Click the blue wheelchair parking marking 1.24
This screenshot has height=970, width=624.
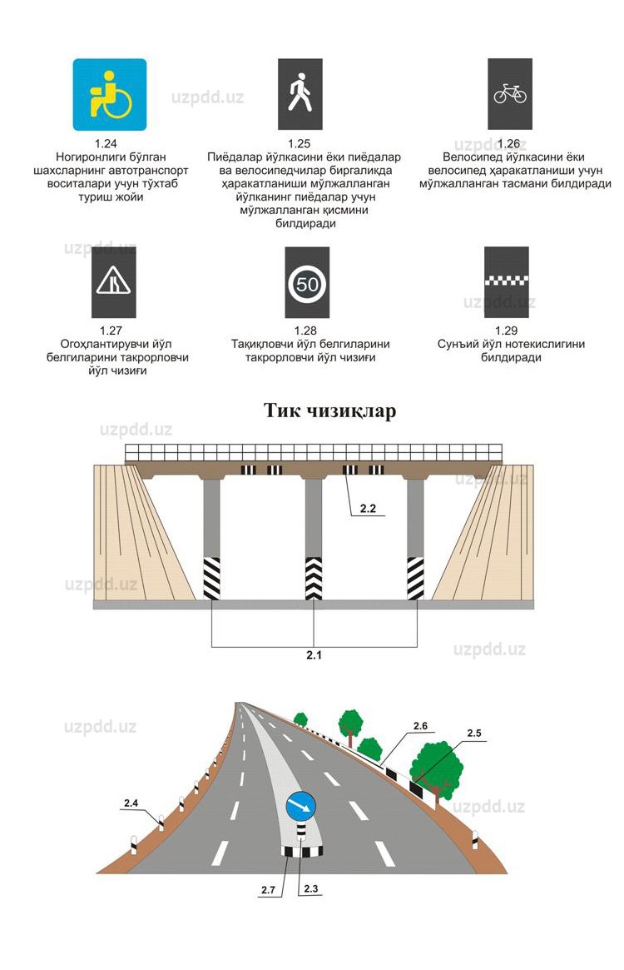[x=110, y=94]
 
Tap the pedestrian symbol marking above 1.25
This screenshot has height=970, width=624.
[x=300, y=93]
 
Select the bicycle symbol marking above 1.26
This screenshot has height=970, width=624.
[x=510, y=93]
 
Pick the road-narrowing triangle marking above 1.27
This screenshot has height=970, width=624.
[x=113, y=281]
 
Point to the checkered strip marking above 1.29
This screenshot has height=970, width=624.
[x=507, y=281]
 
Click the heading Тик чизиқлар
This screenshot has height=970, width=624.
[x=329, y=410]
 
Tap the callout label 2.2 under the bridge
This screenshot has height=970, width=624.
[x=369, y=507]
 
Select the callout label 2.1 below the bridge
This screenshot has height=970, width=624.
[x=314, y=655]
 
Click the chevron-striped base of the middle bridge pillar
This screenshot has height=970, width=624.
[x=314, y=579]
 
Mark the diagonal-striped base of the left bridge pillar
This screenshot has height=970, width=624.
[x=211, y=579]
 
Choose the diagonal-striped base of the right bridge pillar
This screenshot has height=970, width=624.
[x=415, y=579]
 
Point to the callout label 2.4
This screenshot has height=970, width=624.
[x=131, y=803]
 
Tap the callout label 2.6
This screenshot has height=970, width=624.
[x=420, y=726]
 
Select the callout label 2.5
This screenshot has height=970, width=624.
[x=474, y=733]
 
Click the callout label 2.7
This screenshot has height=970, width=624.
[x=268, y=890]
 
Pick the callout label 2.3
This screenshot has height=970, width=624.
[x=311, y=888]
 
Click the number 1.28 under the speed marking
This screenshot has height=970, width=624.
[x=307, y=331]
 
